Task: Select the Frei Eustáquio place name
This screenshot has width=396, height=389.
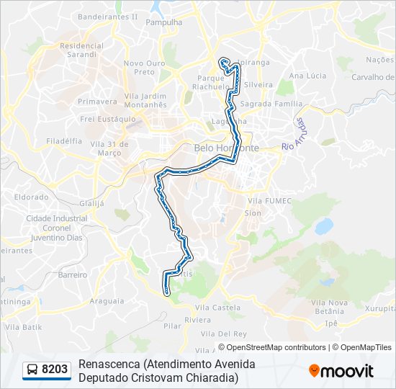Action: pyautogui.click(x=108, y=119)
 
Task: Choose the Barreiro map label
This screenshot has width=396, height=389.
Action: pyautogui.click(x=73, y=274)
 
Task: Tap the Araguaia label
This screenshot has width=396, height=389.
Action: pyautogui.click(x=107, y=301)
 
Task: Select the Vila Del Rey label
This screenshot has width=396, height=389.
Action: pyautogui.click(x=224, y=334)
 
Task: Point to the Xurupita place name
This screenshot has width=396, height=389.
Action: pyautogui.click(x=379, y=308)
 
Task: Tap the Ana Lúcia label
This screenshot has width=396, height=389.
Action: pyautogui.click(x=307, y=76)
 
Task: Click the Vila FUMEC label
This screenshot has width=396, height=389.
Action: pyautogui.click(x=269, y=201)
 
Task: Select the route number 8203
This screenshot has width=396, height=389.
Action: pyautogui.click(x=55, y=370)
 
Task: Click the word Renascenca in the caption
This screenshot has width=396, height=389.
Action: pyautogui.click(x=109, y=365)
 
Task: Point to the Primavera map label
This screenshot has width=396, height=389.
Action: pyautogui.click(x=97, y=102)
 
